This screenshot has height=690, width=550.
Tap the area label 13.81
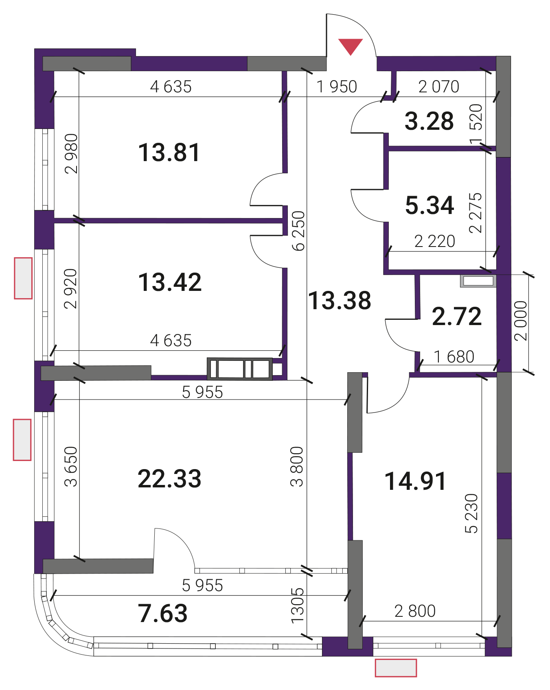tap(169, 153)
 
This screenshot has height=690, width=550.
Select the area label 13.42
tap(170, 282)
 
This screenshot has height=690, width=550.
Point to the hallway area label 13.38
tap(340, 301)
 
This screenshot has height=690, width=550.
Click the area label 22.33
tap(169, 478)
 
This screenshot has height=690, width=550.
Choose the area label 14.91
tap(415, 481)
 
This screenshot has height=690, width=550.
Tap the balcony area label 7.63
tap(163, 613)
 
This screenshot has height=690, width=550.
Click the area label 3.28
tap(429, 121)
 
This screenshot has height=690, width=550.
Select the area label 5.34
tap(429, 205)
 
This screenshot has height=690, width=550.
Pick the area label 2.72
tap(457, 317)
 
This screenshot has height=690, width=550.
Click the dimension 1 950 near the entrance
tap(337, 87)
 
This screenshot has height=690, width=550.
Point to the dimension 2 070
tap(439, 87)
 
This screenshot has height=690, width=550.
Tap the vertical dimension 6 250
tap(298, 231)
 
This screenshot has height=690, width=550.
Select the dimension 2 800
tap(415, 611)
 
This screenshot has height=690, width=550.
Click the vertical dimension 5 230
tap(471, 513)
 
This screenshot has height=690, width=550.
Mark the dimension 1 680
tap(454, 357)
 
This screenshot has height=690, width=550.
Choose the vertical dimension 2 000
tap(521, 321)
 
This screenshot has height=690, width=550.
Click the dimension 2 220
tap(435, 241)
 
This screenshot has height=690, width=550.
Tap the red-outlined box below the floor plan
tap(396, 668)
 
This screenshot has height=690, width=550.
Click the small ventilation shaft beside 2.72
tap(478, 281)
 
